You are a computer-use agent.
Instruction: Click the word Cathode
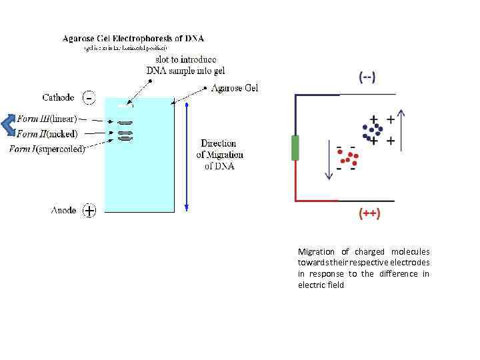click(x=59, y=97)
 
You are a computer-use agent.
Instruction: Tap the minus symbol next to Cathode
click(x=89, y=98)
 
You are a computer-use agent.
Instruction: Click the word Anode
click(x=63, y=211)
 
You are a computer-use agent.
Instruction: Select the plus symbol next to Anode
click(x=89, y=211)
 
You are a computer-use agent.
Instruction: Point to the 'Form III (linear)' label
click(x=47, y=119)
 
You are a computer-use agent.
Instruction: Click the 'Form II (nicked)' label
click(x=47, y=134)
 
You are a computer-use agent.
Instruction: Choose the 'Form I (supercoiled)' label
click(x=47, y=149)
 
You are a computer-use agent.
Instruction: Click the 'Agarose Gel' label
click(x=234, y=88)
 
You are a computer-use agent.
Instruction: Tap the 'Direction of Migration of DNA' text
click(x=219, y=155)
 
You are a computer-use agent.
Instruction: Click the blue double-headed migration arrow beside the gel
click(x=187, y=157)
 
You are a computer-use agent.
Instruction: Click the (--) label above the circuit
click(x=367, y=78)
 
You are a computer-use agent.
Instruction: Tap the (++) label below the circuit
click(x=369, y=213)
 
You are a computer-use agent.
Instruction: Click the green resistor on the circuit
click(x=295, y=147)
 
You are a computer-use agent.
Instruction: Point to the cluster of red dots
click(x=347, y=158)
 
